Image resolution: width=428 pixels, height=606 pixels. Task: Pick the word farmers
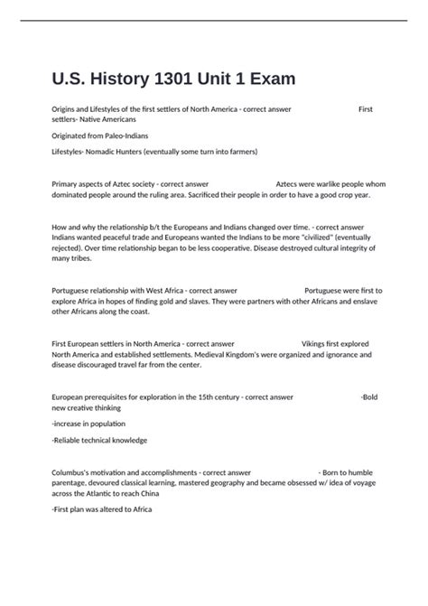click(236, 151)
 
